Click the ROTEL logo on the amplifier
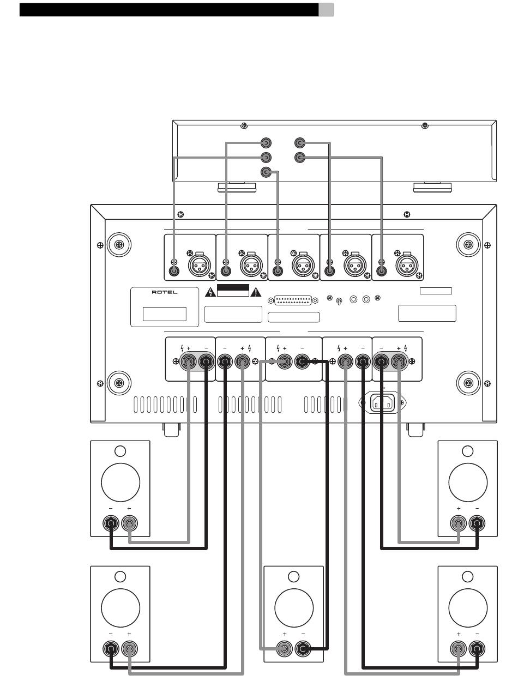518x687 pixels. click(x=164, y=292)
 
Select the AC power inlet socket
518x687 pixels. click(x=382, y=403)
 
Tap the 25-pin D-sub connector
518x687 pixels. click(x=293, y=300)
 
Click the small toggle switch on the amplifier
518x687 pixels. click(x=339, y=301)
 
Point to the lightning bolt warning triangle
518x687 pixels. click(x=210, y=292)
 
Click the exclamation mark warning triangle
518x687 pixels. click(x=256, y=292)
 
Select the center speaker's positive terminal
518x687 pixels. click(x=284, y=648)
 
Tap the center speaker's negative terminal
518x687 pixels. click(x=303, y=648)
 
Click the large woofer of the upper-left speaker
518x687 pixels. click(x=121, y=483)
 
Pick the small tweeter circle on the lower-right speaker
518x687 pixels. click(x=467, y=576)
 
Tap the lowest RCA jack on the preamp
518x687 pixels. click(x=266, y=172)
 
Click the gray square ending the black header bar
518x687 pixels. click(x=326, y=10)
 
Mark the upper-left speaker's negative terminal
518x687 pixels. click(x=111, y=523)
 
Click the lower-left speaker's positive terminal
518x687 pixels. click(x=129, y=648)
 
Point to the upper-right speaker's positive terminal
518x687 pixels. click(x=458, y=523)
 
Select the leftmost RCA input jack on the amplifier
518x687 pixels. click(x=174, y=270)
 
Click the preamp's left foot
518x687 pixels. click(x=237, y=187)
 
